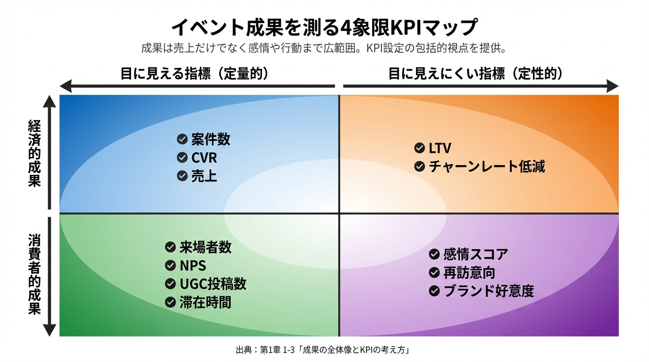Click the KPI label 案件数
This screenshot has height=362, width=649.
[210, 139]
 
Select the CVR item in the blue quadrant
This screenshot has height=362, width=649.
[204, 157]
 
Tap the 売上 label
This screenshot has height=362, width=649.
[204, 176]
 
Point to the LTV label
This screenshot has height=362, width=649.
[440, 148]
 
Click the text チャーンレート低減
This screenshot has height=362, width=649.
[487, 166]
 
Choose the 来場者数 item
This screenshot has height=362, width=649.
[205, 247]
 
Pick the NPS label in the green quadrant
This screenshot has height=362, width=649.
[192, 265]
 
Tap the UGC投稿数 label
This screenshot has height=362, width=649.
[213, 284]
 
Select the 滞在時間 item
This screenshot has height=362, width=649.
[205, 302]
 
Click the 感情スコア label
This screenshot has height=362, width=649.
[475, 255]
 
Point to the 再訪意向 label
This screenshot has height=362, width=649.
[469, 273]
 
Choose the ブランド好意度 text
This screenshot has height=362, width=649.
[489, 291]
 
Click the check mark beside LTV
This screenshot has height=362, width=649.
[419, 148]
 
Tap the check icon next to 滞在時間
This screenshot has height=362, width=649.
[170, 302]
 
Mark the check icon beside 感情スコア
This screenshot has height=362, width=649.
[434, 255]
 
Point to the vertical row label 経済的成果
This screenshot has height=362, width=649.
[34, 153]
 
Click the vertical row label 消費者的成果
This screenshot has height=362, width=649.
[34, 274]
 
